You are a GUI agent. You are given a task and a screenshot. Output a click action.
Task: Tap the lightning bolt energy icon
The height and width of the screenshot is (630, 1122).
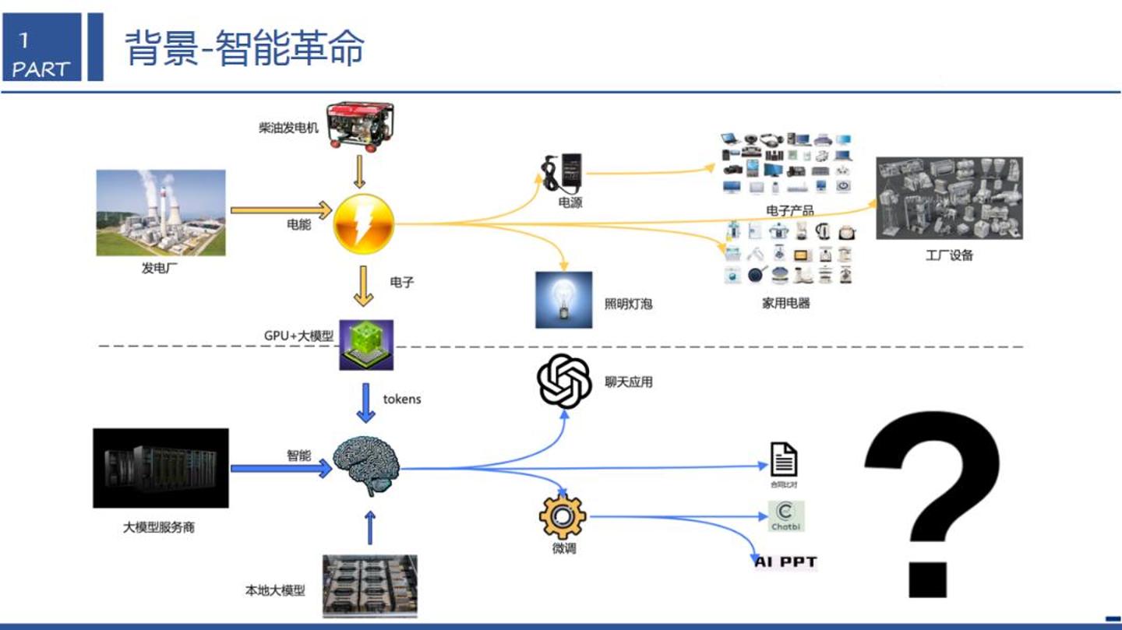(x=364, y=223)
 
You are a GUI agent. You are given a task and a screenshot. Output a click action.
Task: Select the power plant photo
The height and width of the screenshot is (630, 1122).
(x=161, y=213)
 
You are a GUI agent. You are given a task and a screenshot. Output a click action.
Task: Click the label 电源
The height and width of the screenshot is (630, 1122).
(x=570, y=202)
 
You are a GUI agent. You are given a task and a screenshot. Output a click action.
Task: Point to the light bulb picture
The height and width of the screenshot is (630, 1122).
(x=563, y=300)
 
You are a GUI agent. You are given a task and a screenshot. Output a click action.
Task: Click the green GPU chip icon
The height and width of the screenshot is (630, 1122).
(x=366, y=344)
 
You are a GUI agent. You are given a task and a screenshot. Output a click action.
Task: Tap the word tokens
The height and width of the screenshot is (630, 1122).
(x=402, y=399)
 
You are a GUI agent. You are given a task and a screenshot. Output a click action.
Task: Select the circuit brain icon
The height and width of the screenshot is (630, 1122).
(x=367, y=466)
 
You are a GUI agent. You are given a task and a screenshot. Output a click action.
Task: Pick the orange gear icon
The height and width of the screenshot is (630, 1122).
(x=563, y=516)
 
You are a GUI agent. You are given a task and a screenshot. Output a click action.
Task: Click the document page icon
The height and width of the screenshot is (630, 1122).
(x=783, y=459)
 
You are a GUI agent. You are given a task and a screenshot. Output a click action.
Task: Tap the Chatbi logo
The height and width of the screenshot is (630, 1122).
(x=785, y=516)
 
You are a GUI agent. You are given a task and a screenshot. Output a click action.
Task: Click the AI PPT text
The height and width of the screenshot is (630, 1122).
(x=785, y=561)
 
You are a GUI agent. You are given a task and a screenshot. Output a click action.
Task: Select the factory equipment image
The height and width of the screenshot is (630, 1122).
(x=949, y=198)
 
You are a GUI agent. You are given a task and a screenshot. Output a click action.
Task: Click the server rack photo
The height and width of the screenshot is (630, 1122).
(x=161, y=467)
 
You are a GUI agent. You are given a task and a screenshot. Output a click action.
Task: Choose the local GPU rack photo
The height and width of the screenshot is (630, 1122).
(x=370, y=586)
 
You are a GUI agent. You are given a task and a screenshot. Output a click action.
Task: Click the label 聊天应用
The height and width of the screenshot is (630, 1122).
(x=628, y=382)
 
